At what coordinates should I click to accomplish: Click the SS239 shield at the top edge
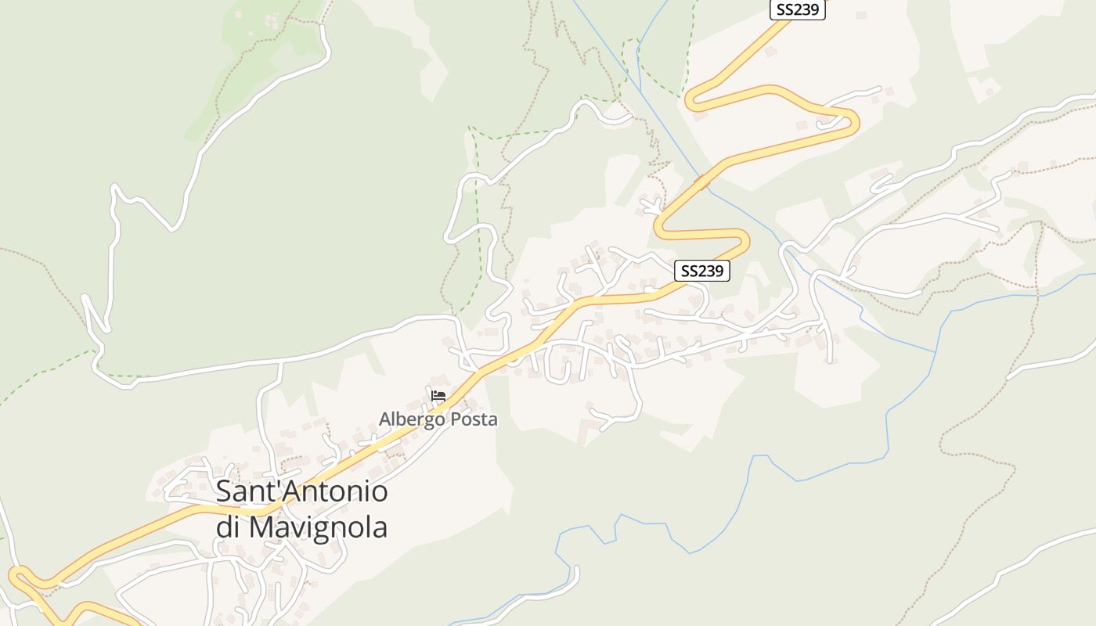click(x=797, y=10)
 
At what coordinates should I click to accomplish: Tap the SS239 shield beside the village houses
click(x=702, y=271)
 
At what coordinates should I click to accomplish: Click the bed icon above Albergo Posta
click(x=438, y=396)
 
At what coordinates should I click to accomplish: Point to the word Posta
click(x=473, y=419)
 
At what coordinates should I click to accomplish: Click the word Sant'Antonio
click(x=301, y=491)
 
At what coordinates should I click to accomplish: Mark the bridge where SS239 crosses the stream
click(x=703, y=181)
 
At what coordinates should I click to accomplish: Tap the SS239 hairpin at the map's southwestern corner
click(x=16, y=577)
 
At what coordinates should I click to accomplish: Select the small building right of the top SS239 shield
click(x=861, y=15)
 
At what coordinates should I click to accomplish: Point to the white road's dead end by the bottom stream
click(x=576, y=570)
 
